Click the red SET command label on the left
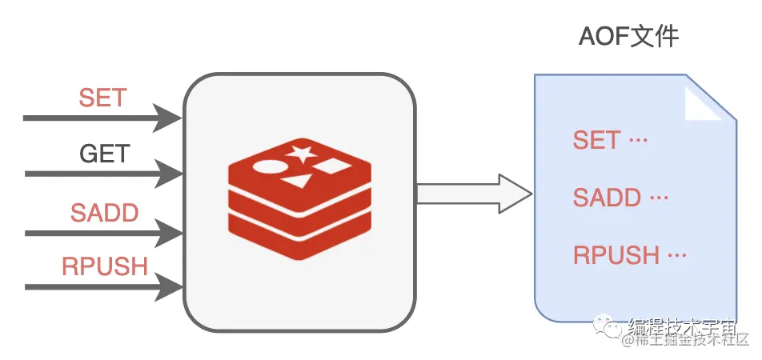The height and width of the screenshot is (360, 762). click(x=102, y=98)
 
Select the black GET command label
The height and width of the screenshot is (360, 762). click(x=105, y=153)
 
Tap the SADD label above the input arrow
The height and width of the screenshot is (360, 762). click(x=104, y=213)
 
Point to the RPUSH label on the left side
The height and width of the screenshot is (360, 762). click(x=105, y=266)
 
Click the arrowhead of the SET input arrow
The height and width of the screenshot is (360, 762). click(x=168, y=118)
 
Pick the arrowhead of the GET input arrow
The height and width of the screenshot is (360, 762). click(x=168, y=173)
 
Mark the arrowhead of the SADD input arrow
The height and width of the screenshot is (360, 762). click(x=168, y=233)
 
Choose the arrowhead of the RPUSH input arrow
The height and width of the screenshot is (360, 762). click(x=168, y=286)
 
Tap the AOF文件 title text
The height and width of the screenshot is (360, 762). click(x=629, y=38)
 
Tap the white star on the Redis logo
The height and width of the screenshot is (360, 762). click(x=301, y=154)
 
